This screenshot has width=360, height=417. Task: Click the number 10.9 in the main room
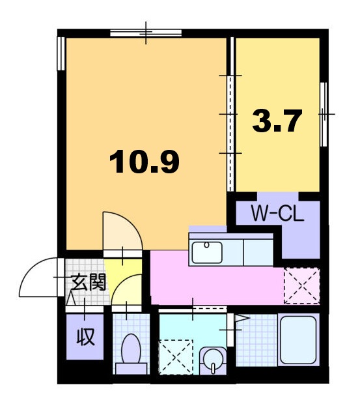tap(145, 162)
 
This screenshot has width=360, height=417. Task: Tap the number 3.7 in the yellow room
tap(277, 121)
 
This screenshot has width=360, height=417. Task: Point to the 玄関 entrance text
tap(89, 282)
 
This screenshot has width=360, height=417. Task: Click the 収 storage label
tap(85, 337)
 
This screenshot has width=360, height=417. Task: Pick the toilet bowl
tap(131, 349)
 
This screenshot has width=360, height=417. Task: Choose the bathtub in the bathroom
tap(298, 339)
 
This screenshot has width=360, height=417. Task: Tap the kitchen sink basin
tap(207, 252)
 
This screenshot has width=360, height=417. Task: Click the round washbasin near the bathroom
tap(212, 360)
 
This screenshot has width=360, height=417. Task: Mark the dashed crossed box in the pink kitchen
tap(301, 285)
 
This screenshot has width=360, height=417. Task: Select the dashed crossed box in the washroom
tap(176, 357)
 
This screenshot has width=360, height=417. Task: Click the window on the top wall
tap(146, 33)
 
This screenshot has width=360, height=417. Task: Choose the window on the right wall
tap(324, 115)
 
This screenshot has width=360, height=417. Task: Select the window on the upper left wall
tap(61, 53)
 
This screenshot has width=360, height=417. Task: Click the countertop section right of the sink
tap(258, 252)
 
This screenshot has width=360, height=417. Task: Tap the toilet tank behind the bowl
tap(132, 369)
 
